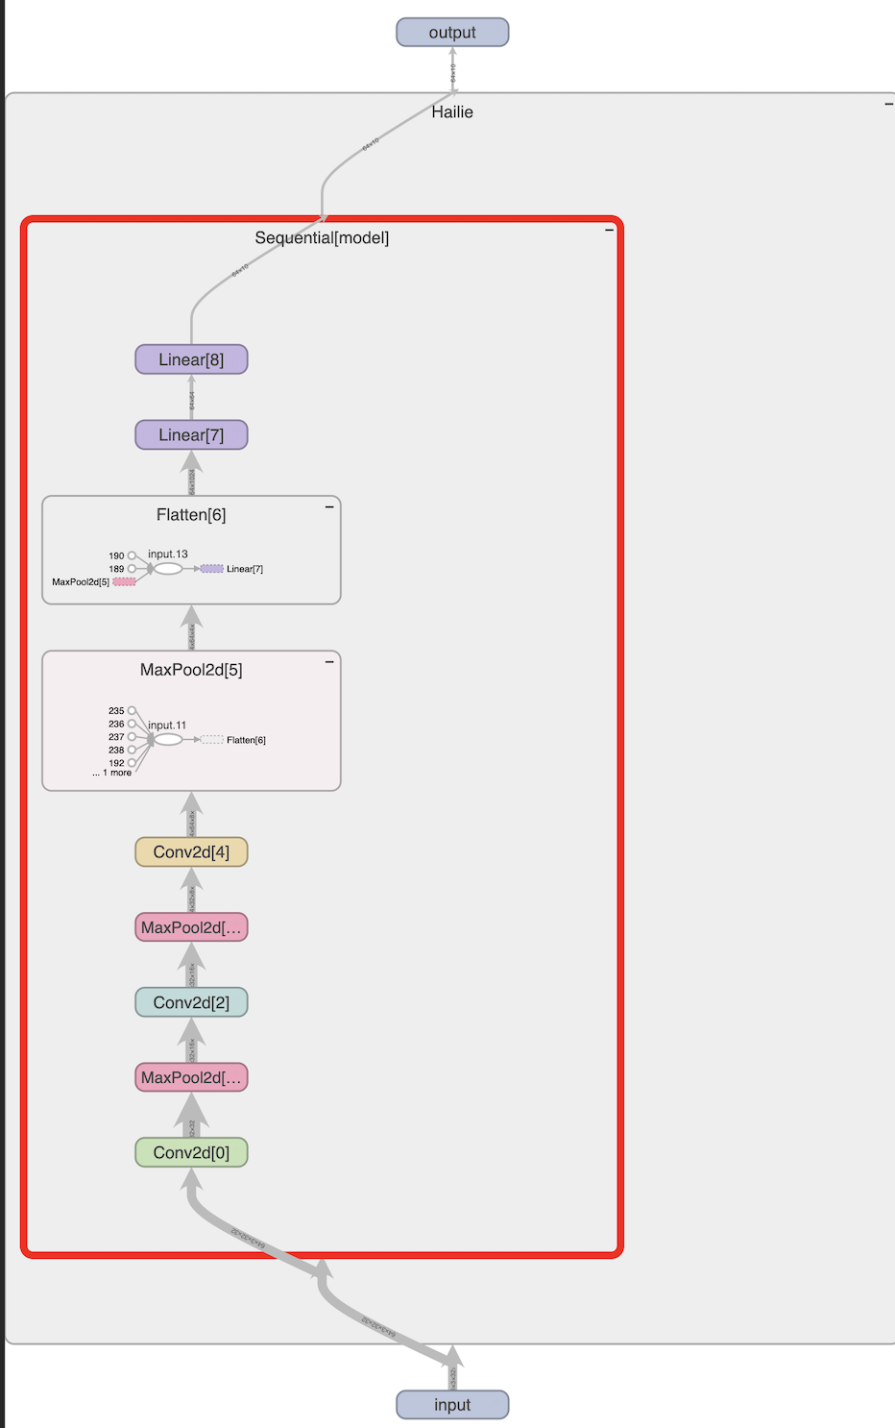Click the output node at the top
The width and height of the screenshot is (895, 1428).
click(x=452, y=33)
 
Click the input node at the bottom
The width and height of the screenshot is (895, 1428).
click(x=452, y=1405)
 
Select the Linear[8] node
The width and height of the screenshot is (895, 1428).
click(x=191, y=359)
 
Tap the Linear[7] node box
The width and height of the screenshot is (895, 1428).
click(x=191, y=435)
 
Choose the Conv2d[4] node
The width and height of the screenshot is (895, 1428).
click(x=191, y=852)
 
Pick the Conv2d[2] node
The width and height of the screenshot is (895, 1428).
click(x=191, y=1002)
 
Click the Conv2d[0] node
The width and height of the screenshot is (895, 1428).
click(x=191, y=1152)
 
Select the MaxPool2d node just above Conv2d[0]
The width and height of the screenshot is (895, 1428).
click(x=191, y=1077)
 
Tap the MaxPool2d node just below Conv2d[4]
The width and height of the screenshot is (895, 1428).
click(x=191, y=927)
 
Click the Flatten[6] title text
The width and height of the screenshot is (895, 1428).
click(x=191, y=515)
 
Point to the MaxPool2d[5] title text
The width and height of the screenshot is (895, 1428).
click(x=191, y=670)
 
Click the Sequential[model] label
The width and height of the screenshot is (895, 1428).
click(x=322, y=237)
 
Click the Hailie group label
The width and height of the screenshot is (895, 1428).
click(x=452, y=112)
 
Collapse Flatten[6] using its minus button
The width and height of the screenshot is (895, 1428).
click(x=329, y=506)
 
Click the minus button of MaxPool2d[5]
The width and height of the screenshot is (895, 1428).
click(x=329, y=661)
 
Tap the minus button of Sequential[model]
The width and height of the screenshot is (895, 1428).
click(x=609, y=230)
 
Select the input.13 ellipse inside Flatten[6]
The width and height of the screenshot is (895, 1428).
click(x=168, y=569)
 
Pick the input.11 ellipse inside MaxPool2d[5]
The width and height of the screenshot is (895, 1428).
click(x=168, y=740)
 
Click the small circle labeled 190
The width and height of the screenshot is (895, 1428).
click(x=132, y=555)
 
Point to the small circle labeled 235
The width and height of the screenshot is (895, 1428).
click(x=132, y=711)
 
